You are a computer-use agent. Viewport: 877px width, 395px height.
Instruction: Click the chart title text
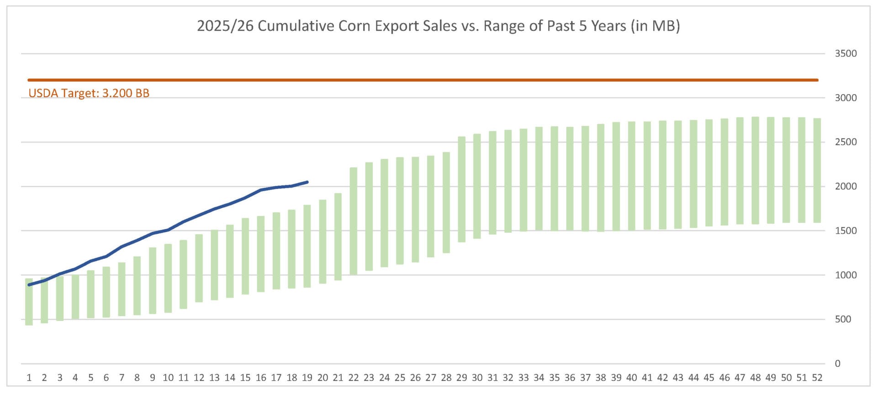click(x=438, y=26)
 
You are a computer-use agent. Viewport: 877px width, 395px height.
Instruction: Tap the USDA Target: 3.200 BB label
click(x=89, y=93)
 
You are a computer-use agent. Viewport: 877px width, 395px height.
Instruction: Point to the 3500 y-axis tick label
click(x=845, y=53)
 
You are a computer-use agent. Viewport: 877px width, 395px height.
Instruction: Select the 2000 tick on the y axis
click(x=845, y=186)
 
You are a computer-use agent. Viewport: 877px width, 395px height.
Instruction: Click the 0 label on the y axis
click(x=837, y=363)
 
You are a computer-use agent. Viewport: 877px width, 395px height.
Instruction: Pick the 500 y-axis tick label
click(x=843, y=319)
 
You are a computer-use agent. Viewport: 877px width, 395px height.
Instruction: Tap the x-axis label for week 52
click(x=817, y=378)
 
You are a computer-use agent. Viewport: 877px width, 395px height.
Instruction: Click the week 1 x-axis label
click(x=29, y=378)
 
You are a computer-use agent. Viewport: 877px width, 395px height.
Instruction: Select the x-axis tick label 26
click(x=415, y=378)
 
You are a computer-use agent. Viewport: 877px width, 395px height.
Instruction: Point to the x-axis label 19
click(x=307, y=378)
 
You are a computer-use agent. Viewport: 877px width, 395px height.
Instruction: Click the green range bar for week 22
click(x=354, y=221)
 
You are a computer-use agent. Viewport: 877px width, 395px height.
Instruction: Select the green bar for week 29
click(x=462, y=189)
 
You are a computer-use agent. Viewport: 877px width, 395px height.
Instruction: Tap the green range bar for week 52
click(x=817, y=170)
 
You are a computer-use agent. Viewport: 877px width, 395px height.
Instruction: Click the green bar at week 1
click(x=29, y=302)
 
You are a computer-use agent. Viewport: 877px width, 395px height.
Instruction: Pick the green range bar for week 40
click(x=632, y=176)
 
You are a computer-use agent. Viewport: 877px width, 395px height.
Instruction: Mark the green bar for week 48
click(x=755, y=170)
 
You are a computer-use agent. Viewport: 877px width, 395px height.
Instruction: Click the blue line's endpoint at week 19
click(x=307, y=182)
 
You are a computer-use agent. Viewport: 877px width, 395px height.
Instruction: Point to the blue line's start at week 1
click(x=29, y=284)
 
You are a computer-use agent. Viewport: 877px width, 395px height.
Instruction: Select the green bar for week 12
click(x=199, y=268)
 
